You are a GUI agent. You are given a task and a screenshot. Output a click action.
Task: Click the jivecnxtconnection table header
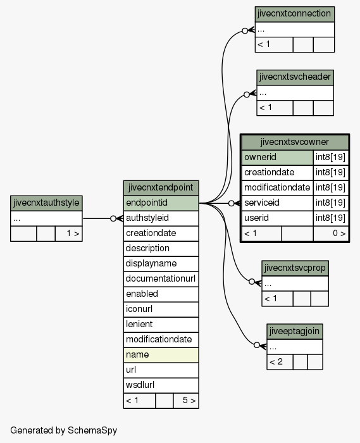pyautogui.click(x=294, y=14)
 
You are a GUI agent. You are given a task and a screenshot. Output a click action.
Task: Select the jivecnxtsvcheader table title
pyautogui.click(x=295, y=77)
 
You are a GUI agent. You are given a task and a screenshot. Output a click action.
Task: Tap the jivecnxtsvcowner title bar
pyautogui.click(x=295, y=142)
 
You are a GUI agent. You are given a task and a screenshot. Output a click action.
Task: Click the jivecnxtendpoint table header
pyautogui.click(x=161, y=188)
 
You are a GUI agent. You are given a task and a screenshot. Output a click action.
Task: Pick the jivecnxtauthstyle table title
pyautogui.click(x=46, y=203)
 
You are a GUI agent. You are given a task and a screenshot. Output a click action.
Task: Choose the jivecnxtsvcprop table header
pyautogui.click(x=295, y=268)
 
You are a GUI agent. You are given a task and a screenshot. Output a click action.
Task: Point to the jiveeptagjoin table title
pyautogui.click(x=294, y=332)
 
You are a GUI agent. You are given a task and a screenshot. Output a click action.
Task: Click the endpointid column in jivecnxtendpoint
pyautogui.click(x=161, y=203)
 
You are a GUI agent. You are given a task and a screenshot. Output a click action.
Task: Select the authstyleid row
pyautogui.click(x=161, y=218)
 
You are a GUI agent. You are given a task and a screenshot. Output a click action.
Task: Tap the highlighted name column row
pyautogui.click(x=161, y=355)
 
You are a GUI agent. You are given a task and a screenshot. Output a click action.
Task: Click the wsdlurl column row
pyautogui.click(x=161, y=385)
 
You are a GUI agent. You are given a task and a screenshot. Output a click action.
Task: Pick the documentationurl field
pyautogui.click(x=161, y=279)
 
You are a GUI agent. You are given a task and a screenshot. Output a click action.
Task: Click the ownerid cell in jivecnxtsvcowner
pyautogui.click(x=278, y=158)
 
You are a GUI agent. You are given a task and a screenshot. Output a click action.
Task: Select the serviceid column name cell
pyautogui.click(x=278, y=203)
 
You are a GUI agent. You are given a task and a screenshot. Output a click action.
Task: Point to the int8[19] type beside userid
pyautogui.click(x=331, y=218)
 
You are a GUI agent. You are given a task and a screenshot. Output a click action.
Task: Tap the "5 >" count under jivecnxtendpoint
pyautogui.click(x=189, y=401)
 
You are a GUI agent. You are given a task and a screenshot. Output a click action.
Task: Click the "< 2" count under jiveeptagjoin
pyautogui.click(x=276, y=362)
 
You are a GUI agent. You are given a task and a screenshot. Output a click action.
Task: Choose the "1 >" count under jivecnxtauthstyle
pyautogui.click(x=73, y=234)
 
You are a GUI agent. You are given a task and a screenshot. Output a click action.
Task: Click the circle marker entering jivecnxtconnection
pyautogui.click(x=245, y=31)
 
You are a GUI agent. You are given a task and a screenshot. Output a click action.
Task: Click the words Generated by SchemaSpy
pyautogui.click(x=63, y=430)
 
